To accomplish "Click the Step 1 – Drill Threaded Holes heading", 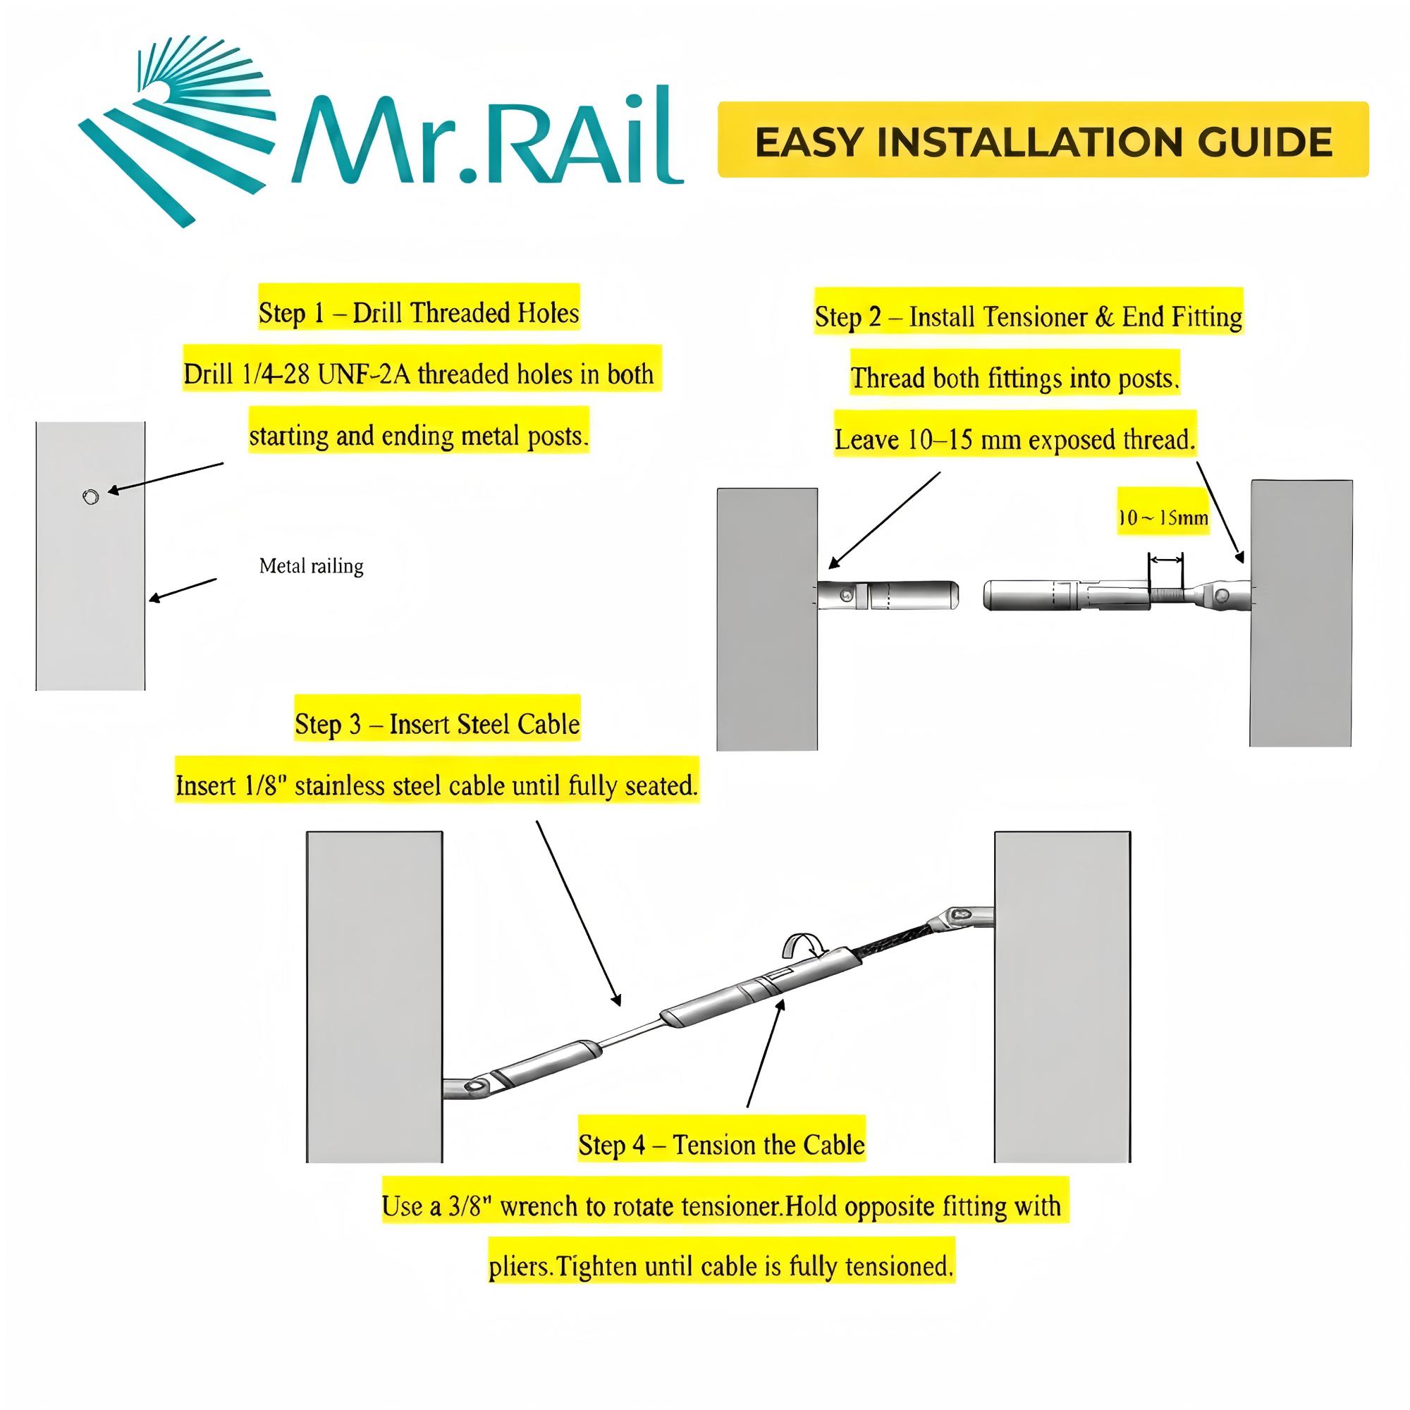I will click(x=418, y=313).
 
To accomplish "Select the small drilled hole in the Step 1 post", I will click(x=90, y=498).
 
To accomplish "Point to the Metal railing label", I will click(x=311, y=566).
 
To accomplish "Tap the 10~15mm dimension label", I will click(x=1163, y=517).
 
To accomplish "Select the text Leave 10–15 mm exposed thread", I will click(x=1014, y=440).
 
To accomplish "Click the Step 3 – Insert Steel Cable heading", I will click(x=437, y=724).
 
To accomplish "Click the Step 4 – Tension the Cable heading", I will click(x=721, y=1144).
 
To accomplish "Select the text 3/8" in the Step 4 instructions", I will click(x=471, y=1206).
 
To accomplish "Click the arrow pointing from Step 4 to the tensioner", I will click(x=765, y=1055).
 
